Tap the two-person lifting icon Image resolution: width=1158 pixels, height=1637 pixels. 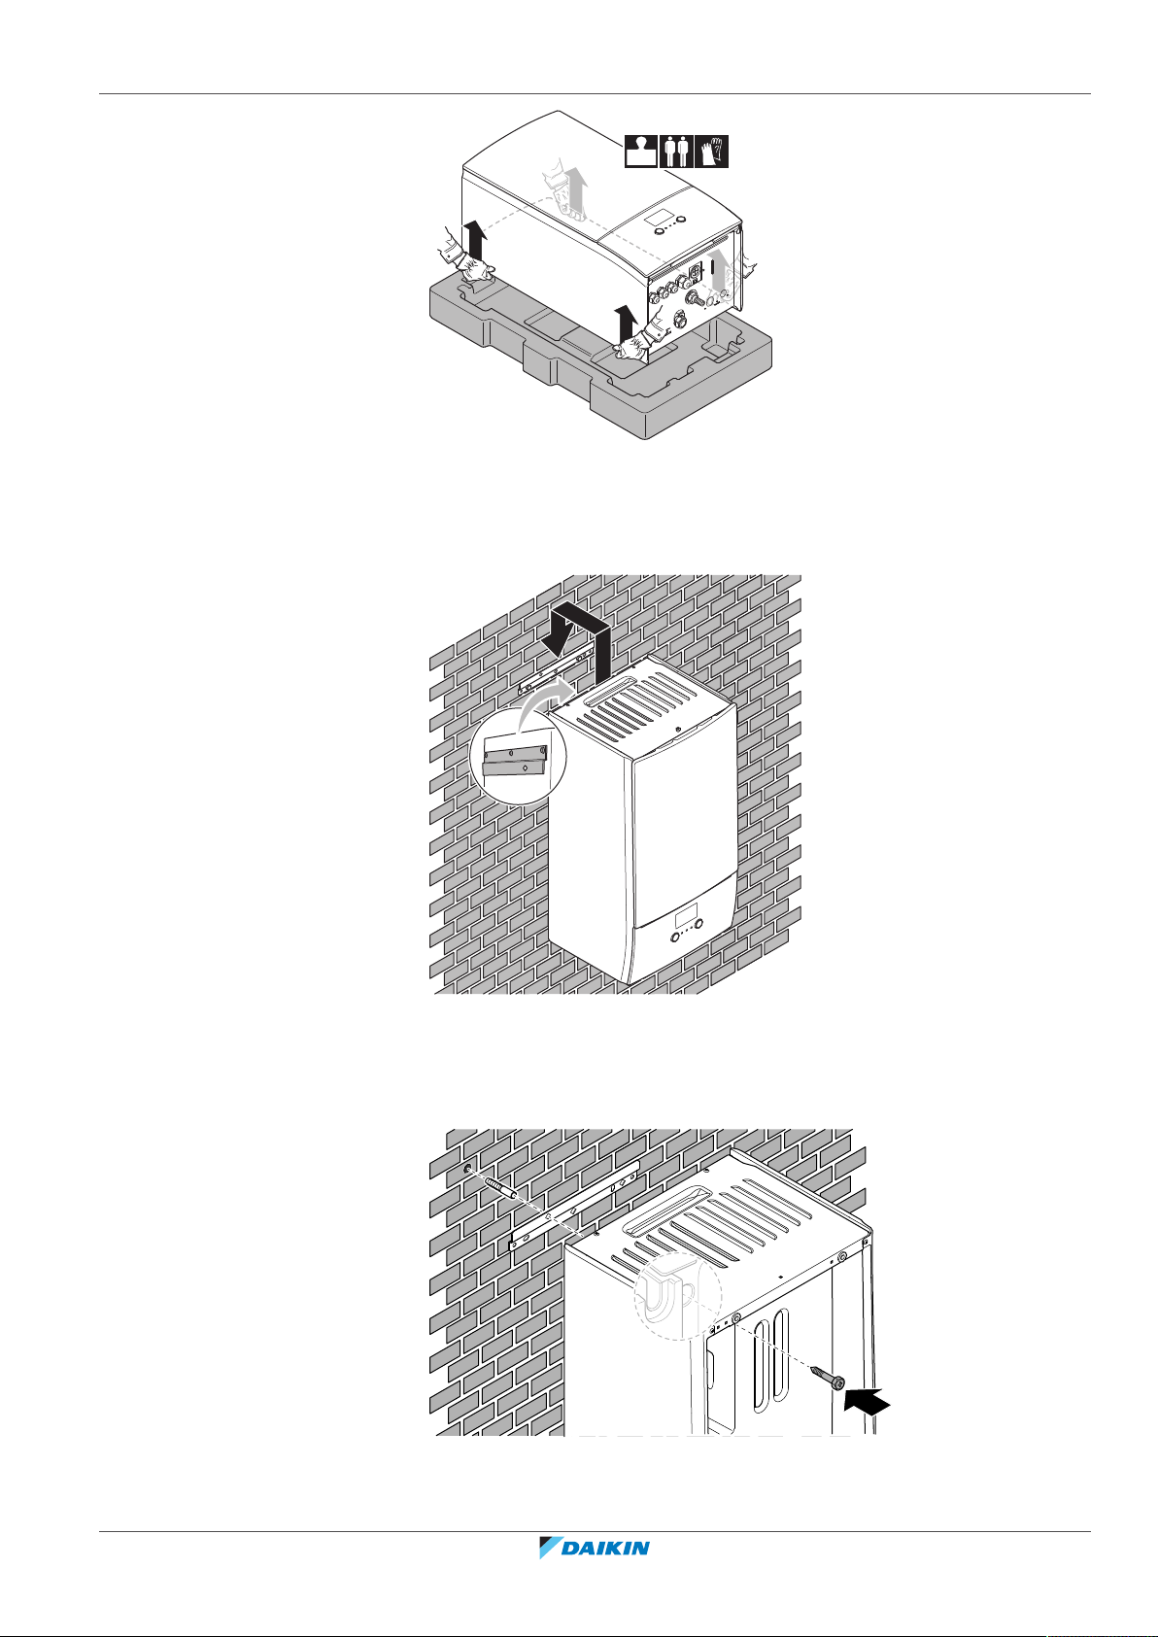click(676, 152)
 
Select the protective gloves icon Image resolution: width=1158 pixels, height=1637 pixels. click(712, 152)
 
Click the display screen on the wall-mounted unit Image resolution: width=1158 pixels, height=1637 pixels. click(686, 918)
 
